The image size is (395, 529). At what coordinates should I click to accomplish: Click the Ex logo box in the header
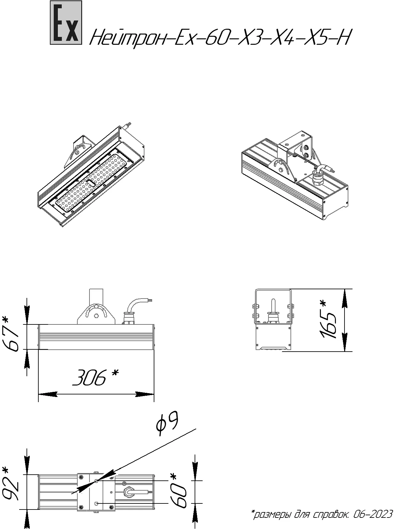(66, 23)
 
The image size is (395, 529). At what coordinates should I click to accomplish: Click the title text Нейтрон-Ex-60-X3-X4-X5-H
(220, 37)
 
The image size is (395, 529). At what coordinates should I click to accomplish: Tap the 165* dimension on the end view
(327, 319)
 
